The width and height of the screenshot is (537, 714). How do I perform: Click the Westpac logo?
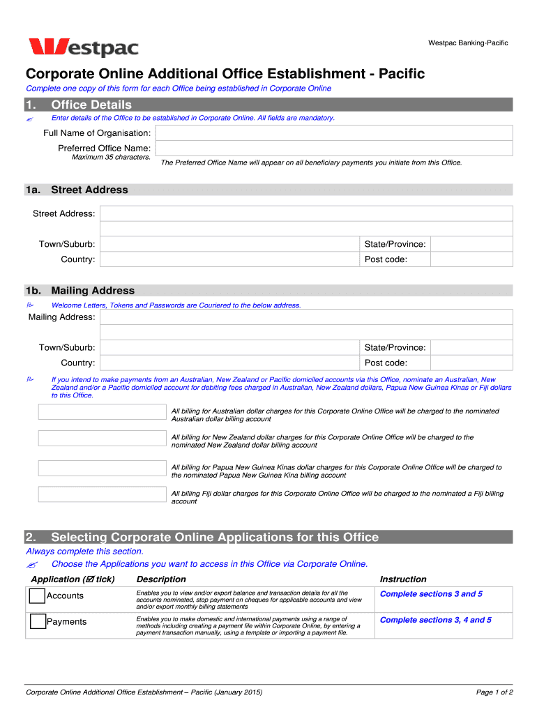coord(83,47)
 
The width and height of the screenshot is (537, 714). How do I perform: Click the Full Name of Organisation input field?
coord(333,133)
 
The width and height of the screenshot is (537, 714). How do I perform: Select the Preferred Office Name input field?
coord(333,149)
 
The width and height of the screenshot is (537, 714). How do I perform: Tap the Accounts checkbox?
coord(38,596)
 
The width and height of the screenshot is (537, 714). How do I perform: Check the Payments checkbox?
coord(38,622)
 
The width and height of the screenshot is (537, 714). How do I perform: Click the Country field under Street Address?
coord(229,259)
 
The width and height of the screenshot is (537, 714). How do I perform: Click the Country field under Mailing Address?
coord(229,363)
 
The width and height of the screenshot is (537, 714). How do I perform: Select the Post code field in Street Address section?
coord(471,259)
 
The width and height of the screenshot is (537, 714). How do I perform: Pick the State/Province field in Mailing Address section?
coord(471,347)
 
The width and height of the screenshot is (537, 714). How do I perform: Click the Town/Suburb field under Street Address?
coord(229,244)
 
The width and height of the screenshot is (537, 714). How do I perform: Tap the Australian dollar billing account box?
coord(102,412)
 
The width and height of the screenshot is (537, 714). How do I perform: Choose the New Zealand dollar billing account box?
coord(102,438)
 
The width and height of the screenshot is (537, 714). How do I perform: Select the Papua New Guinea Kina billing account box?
coord(102,468)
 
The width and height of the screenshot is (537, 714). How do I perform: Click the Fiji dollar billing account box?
coord(102,494)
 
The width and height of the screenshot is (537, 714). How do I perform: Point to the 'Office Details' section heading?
coord(91,105)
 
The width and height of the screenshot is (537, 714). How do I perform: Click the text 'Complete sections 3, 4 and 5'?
coord(435,620)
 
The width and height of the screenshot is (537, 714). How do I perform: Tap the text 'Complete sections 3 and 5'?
coord(431,594)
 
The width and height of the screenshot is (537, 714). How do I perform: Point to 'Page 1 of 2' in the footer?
coord(494,692)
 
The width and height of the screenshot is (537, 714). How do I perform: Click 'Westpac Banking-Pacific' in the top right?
coord(468,43)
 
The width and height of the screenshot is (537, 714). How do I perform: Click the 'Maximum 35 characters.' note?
coord(111,157)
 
